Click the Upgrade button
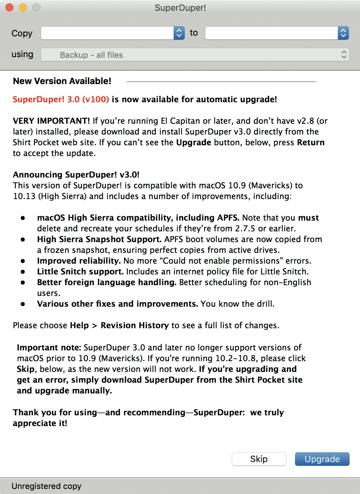(x=322, y=459)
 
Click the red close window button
(x=10, y=7)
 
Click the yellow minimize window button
(x=23, y=7)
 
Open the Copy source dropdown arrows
(x=179, y=33)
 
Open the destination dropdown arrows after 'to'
(x=343, y=33)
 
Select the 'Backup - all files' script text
(x=91, y=55)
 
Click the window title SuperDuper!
(x=180, y=8)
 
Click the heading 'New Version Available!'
(x=62, y=81)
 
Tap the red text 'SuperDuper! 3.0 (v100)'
(x=61, y=99)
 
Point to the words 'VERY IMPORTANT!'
(x=51, y=121)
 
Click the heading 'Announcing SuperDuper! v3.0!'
(x=76, y=175)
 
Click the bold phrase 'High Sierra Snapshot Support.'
(x=99, y=239)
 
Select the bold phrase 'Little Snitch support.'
(x=80, y=271)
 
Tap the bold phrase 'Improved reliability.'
(x=79, y=261)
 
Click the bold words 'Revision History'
(x=135, y=325)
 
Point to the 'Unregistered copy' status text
(x=46, y=486)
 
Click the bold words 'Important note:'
(x=49, y=347)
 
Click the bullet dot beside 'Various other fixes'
(x=23, y=304)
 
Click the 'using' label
(x=22, y=54)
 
